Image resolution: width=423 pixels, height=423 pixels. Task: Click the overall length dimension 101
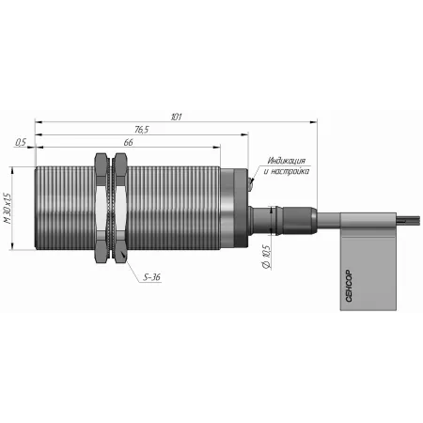(177, 117)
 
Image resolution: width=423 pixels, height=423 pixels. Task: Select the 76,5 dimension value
(142, 130)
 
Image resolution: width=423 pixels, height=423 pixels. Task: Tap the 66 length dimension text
(128, 142)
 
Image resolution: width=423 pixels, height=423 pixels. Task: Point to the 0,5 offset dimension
(21, 142)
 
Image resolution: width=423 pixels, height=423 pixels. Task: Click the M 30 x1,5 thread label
(8, 208)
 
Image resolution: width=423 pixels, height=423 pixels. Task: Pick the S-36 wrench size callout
(151, 277)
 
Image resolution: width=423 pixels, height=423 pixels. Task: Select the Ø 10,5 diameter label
(266, 257)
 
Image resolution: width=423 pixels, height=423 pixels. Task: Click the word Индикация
(286, 161)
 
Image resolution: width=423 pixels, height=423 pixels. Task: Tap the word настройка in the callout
(290, 171)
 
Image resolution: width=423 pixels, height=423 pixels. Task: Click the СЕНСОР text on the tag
(349, 286)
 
